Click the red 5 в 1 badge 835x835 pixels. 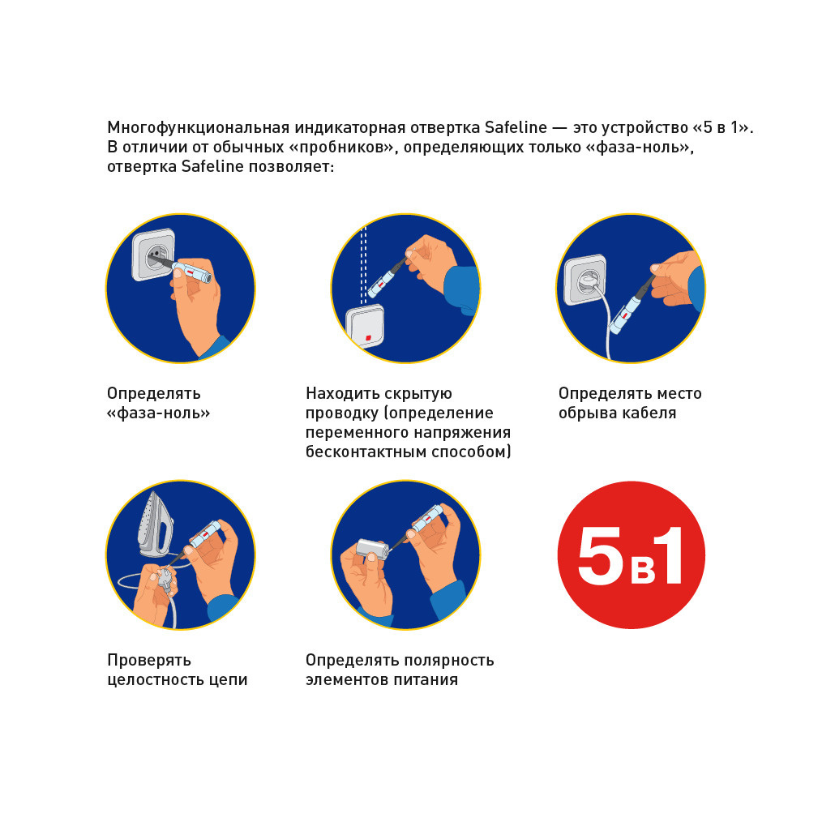[x=631, y=555]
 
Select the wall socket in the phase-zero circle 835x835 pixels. [x=154, y=255]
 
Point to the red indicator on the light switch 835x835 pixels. [x=368, y=337]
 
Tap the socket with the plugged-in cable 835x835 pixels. [x=585, y=280]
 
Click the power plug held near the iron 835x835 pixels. [x=166, y=581]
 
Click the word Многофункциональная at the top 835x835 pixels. [x=199, y=128]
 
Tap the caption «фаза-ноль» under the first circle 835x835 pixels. [x=159, y=413]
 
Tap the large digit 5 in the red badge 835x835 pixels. [x=600, y=555]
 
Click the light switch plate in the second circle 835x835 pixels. [x=366, y=326]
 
